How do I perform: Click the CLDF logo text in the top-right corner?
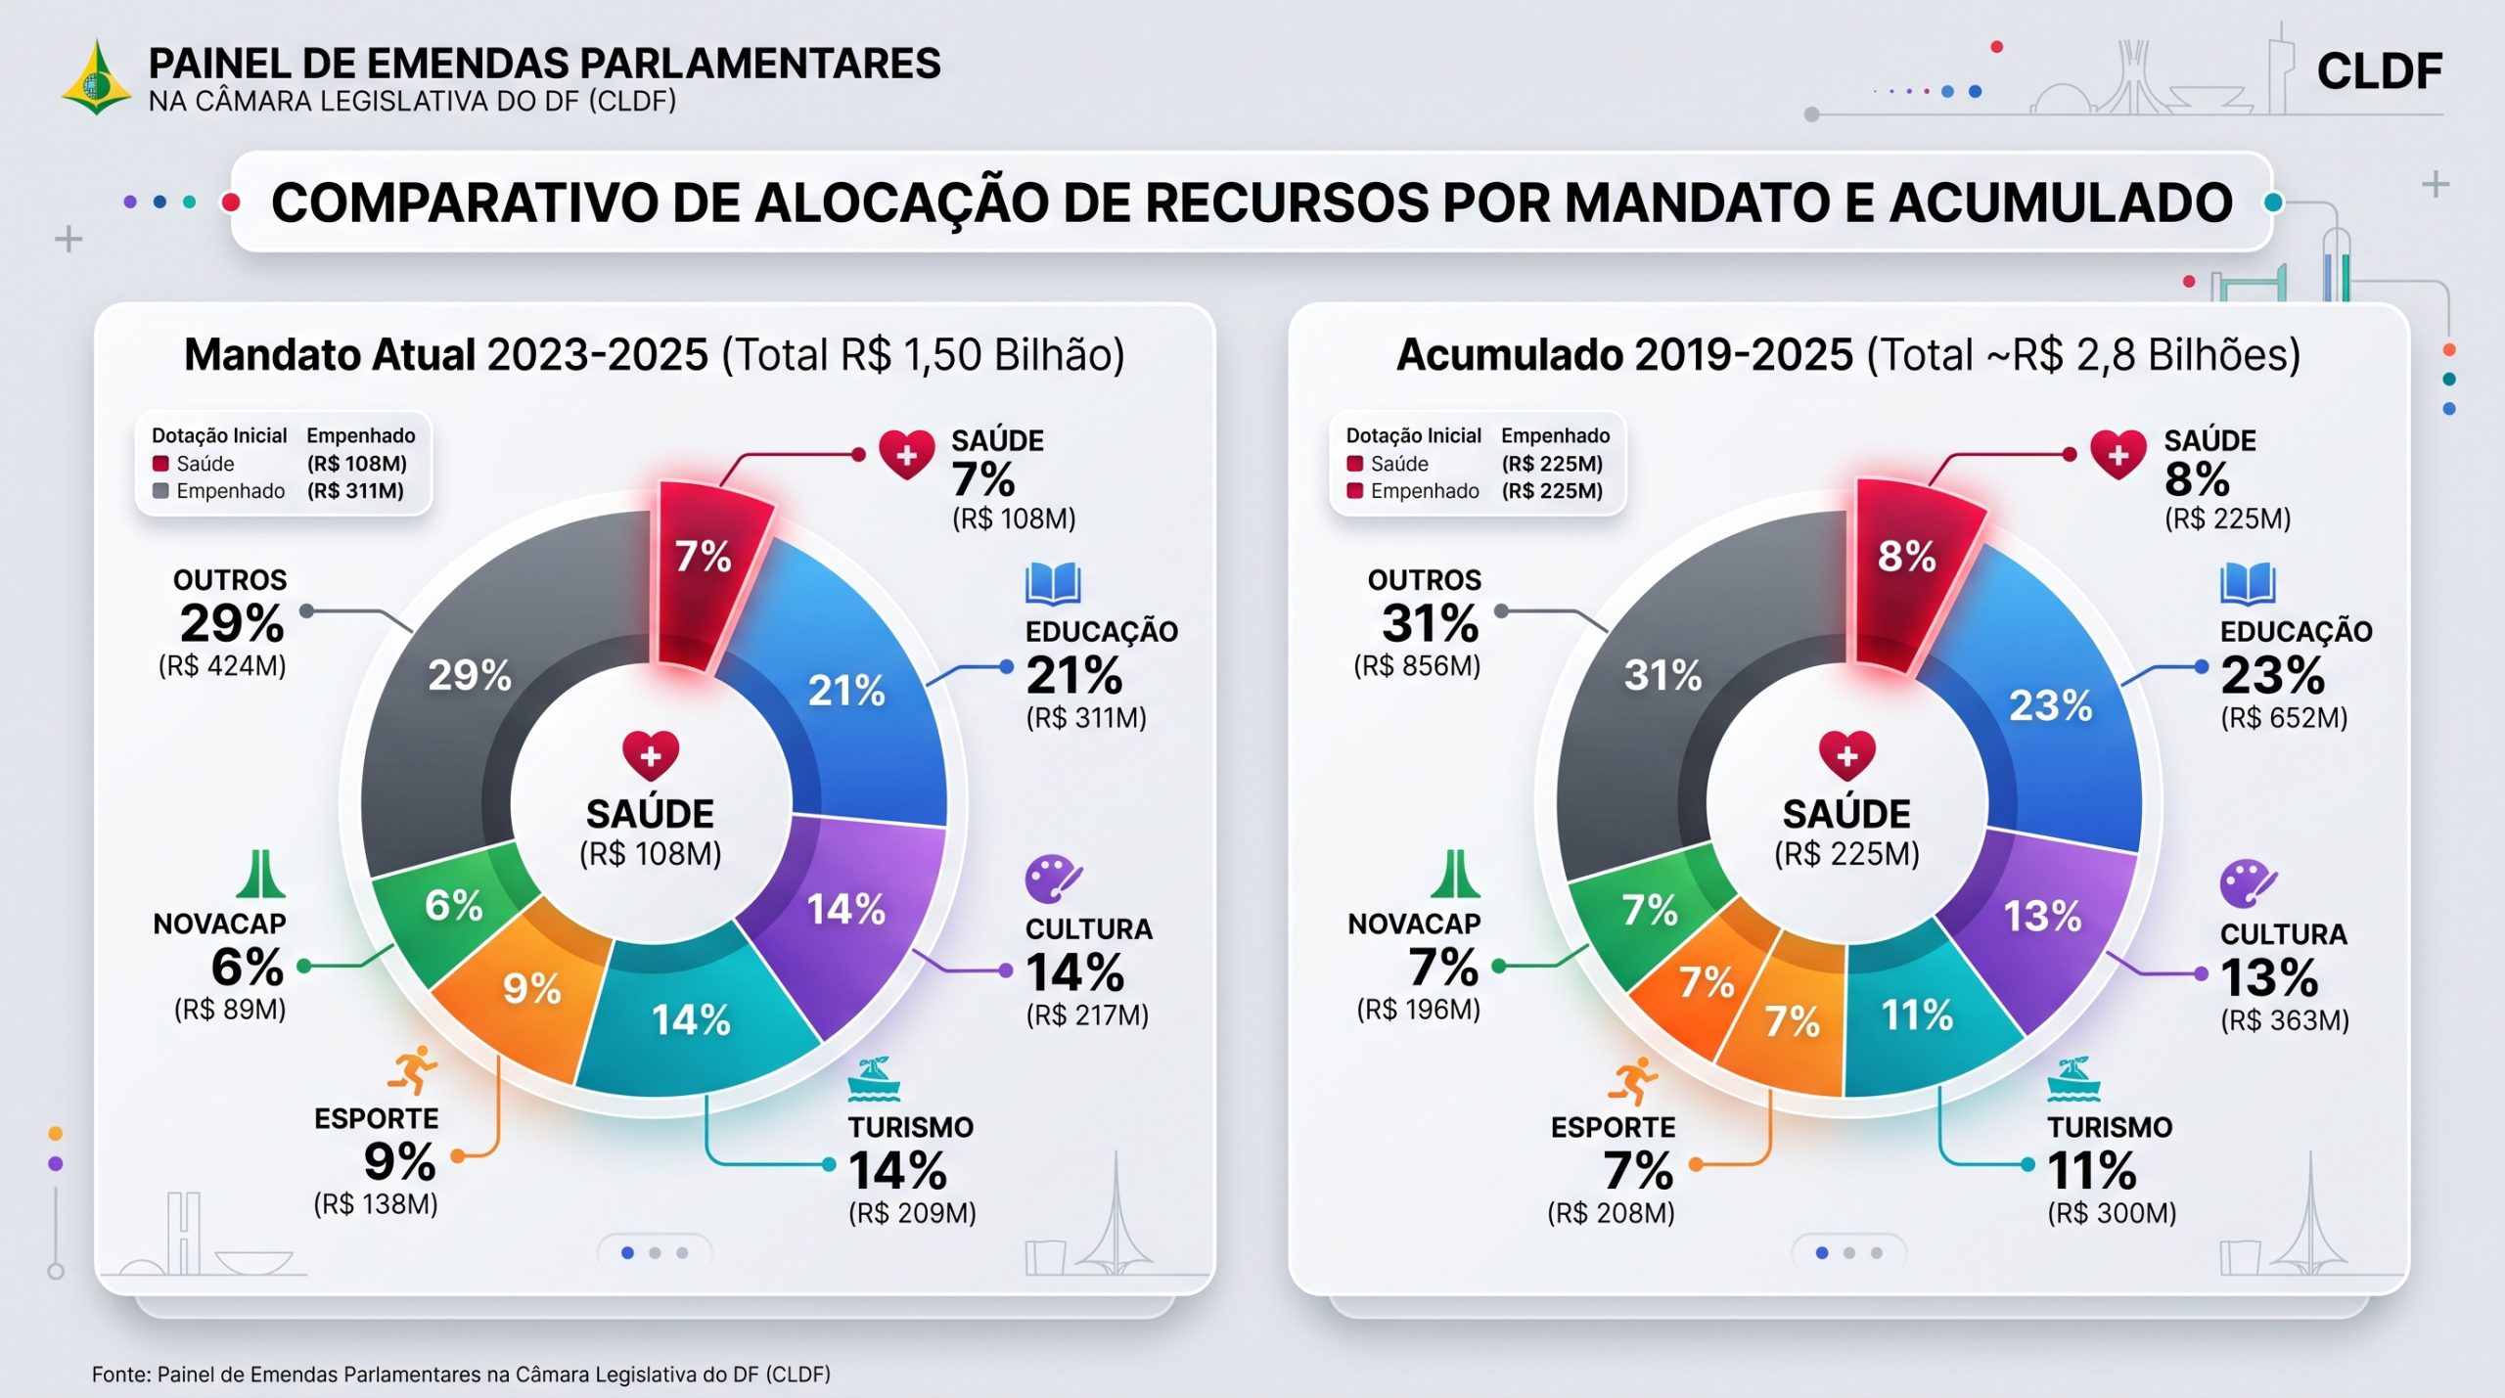2379,71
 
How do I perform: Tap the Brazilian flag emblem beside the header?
96,77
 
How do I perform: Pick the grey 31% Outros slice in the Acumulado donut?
1663,685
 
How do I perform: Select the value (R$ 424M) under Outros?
222,666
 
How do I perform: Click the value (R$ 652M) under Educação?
2284,718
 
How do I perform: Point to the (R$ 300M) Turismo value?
2112,1213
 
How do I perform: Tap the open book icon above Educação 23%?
2248,584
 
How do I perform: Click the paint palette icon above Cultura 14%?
1053,879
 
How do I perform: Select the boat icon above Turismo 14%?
873,1079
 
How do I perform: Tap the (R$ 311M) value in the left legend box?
356,491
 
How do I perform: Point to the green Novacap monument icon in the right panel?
1455,874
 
